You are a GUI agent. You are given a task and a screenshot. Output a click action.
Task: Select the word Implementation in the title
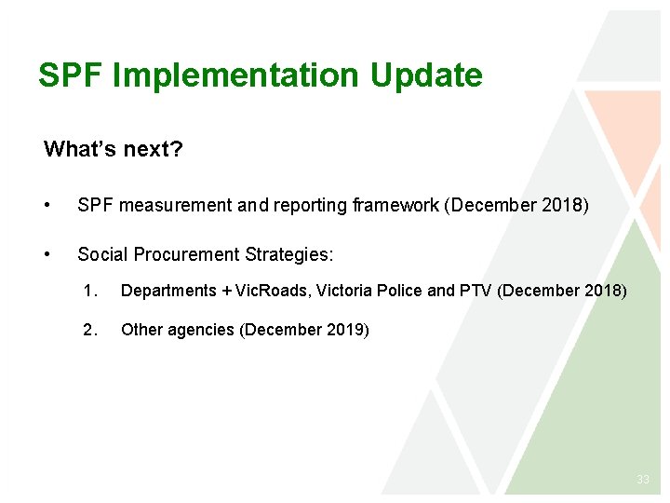pyautogui.click(x=236, y=75)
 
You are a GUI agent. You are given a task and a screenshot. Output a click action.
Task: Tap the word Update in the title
pyautogui.click(x=426, y=75)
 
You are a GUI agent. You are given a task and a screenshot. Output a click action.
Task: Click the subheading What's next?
pyautogui.click(x=113, y=149)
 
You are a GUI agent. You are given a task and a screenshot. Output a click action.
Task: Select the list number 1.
pyautogui.click(x=89, y=291)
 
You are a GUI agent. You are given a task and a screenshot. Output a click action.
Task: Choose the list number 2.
pyautogui.click(x=89, y=330)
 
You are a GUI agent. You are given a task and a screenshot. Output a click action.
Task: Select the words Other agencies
pyautogui.click(x=178, y=330)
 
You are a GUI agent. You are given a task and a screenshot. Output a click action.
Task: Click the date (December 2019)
pyautogui.click(x=304, y=330)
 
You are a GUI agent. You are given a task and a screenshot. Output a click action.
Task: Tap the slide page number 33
pyautogui.click(x=642, y=480)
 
